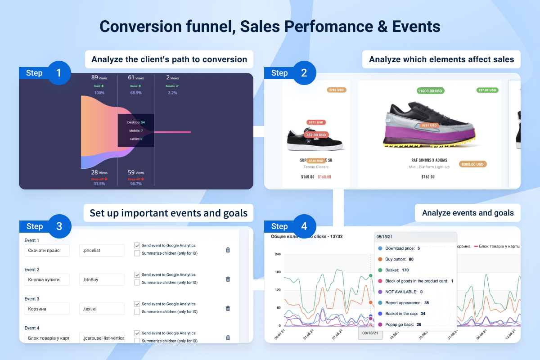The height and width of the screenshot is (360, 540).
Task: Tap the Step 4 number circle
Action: click(x=304, y=226)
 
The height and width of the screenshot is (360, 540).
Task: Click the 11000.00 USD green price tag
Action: click(x=431, y=91)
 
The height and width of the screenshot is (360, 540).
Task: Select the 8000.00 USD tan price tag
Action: click(x=472, y=164)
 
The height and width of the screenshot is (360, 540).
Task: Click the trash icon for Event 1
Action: click(x=228, y=250)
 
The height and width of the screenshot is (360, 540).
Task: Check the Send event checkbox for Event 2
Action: click(x=137, y=274)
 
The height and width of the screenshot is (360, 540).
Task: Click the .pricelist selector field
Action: click(x=102, y=250)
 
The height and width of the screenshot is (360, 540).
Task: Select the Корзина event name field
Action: click(x=47, y=309)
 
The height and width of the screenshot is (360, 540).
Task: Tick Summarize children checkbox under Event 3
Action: click(x=137, y=311)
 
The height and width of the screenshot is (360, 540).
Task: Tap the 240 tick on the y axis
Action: click(x=277, y=254)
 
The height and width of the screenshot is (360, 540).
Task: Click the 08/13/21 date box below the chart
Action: click(x=370, y=333)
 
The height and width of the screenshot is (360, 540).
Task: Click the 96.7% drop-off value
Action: click(x=135, y=184)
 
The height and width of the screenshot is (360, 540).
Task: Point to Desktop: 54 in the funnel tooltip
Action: click(x=136, y=122)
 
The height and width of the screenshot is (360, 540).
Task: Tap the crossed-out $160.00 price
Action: click(x=324, y=177)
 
